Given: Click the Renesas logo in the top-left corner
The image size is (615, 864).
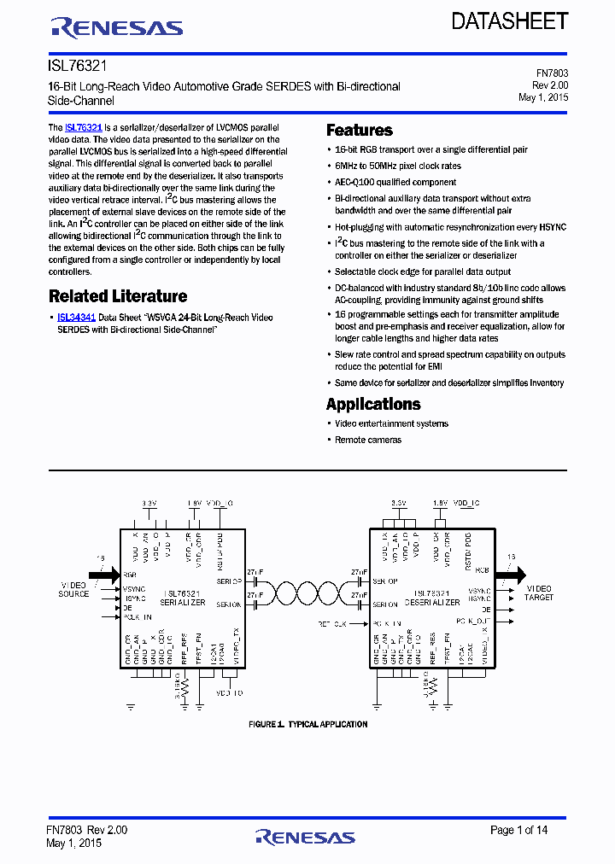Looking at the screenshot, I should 117,28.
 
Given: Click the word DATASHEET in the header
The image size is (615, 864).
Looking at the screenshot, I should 509,21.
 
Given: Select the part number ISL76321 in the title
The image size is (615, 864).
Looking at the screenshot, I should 77,65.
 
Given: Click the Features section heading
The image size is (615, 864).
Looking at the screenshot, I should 360,131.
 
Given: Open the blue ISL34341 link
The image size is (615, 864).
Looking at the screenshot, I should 76,318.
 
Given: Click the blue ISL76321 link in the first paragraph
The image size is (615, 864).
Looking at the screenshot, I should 84,127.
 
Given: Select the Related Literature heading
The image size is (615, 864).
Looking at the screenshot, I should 118,296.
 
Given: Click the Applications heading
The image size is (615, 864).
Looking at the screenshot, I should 373,404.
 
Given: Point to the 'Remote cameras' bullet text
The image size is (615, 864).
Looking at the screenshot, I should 367,440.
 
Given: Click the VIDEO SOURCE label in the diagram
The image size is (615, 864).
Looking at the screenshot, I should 73,589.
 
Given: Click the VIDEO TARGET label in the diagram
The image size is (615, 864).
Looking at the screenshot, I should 539,593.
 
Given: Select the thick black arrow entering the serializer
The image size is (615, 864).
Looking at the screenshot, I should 104,575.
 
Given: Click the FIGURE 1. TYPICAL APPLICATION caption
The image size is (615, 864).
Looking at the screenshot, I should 307,724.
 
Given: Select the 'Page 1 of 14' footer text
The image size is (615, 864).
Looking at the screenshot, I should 518,830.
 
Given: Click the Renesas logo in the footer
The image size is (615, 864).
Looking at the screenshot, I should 305,837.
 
